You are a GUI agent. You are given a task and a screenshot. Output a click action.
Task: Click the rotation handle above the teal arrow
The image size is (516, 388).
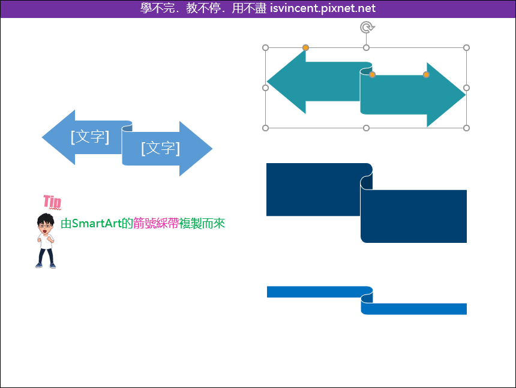point(367,28)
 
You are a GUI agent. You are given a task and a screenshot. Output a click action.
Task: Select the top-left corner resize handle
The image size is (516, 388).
point(266,48)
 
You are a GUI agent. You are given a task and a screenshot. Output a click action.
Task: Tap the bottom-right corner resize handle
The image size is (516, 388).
point(466,128)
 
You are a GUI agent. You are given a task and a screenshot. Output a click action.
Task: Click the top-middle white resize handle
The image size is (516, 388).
point(366,48)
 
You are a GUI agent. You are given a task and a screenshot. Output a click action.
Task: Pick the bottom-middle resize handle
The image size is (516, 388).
point(366,128)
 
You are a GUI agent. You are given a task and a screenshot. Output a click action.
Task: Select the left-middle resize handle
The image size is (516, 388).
point(266,88)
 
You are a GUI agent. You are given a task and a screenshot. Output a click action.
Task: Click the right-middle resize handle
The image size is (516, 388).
point(466,88)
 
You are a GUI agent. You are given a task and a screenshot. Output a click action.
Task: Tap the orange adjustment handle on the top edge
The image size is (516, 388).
point(306,48)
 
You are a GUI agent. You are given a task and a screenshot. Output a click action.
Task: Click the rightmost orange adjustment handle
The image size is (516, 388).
point(426,74)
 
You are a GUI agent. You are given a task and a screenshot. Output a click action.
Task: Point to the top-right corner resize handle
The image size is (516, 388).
point(466,48)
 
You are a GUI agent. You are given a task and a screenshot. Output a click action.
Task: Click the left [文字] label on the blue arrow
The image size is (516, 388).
point(90,137)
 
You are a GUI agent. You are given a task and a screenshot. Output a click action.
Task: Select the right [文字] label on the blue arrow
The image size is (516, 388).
point(160,148)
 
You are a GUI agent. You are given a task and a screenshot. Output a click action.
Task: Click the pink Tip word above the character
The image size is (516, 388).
point(52,201)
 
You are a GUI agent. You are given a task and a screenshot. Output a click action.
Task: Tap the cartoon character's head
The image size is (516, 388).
point(46,223)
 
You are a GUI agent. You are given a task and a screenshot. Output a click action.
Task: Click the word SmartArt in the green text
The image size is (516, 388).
point(97,224)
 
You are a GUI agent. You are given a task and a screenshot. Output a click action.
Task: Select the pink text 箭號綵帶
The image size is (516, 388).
point(156,224)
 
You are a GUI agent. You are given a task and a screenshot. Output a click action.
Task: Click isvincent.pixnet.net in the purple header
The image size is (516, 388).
point(323,8)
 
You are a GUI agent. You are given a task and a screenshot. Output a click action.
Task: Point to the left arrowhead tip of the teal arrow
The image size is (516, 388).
point(267,81)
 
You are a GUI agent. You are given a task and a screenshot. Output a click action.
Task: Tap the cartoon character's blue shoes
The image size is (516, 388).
point(46,265)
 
